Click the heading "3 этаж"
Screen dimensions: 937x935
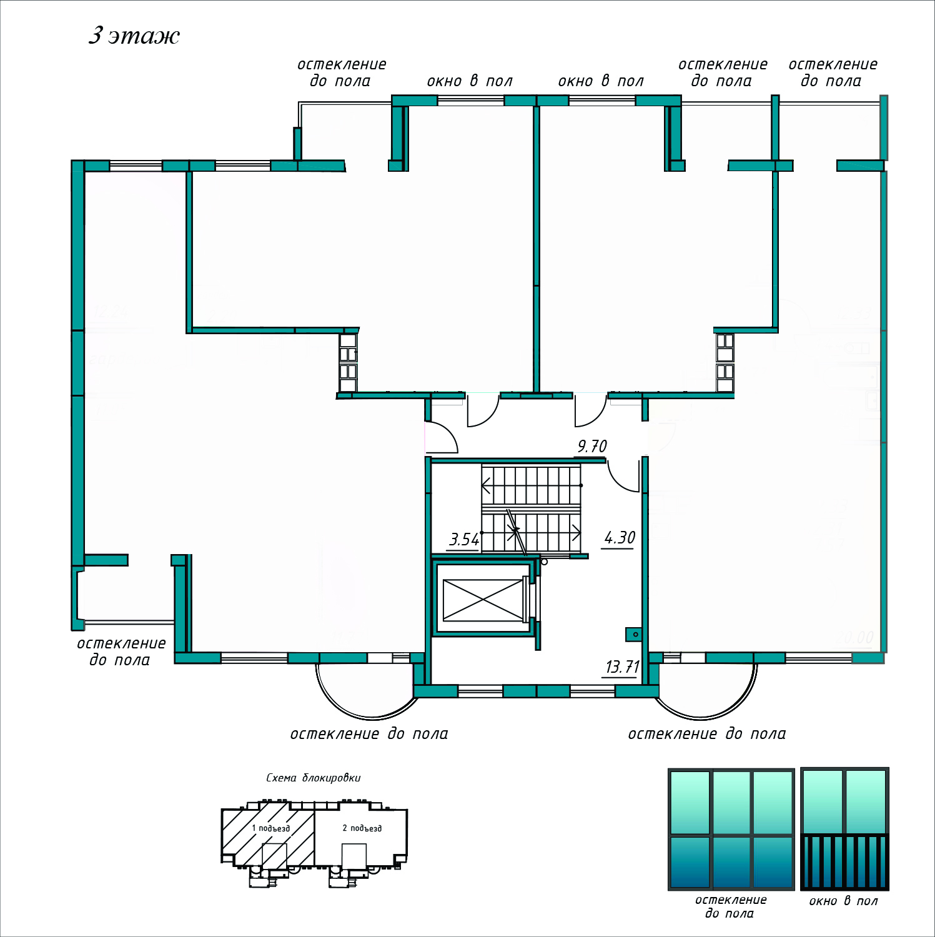click(x=134, y=36)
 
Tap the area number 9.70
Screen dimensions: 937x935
click(x=592, y=447)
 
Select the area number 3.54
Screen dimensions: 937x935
click(x=464, y=539)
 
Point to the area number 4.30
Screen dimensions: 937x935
click(x=620, y=538)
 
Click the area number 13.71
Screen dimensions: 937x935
click(x=622, y=667)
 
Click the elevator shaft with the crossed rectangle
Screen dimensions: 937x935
click(x=483, y=600)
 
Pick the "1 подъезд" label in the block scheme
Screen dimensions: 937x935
click(x=271, y=828)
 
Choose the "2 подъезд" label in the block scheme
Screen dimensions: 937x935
click(x=362, y=828)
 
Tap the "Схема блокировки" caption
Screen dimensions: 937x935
click(x=314, y=778)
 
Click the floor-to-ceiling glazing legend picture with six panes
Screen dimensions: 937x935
click(x=731, y=829)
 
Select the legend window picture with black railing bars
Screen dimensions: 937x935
click(x=844, y=829)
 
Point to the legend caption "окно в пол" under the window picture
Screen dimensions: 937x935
click(x=843, y=901)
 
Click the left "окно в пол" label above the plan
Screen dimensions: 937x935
click(x=470, y=81)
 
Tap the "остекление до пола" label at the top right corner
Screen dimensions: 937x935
click(x=833, y=72)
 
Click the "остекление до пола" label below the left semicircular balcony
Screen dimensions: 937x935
click(x=369, y=734)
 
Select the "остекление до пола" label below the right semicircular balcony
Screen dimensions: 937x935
click(x=707, y=734)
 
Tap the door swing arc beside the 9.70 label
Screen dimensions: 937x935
click(x=622, y=478)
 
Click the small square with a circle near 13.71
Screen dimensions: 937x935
click(x=635, y=635)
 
